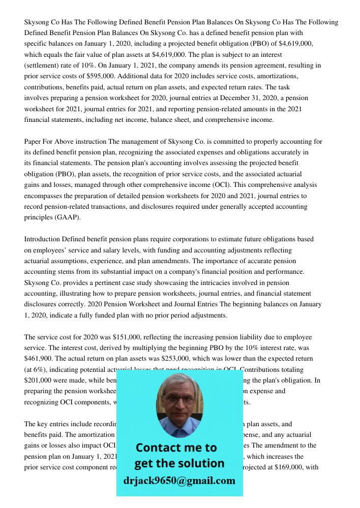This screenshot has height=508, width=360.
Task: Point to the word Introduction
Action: pos(42,239)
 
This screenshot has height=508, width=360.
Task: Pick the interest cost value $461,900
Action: pos(41,359)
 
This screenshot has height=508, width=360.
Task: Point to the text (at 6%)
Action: pos(39,369)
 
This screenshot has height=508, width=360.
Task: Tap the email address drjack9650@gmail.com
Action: pos(179,481)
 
